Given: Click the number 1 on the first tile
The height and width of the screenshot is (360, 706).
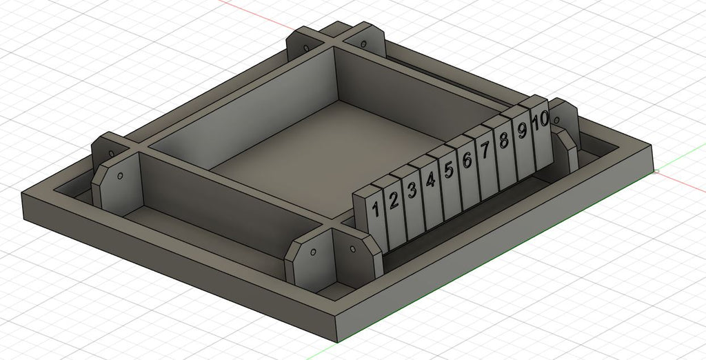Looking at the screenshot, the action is tap(375, 209).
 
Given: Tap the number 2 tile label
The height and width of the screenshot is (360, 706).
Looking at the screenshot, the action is tap(394, 200).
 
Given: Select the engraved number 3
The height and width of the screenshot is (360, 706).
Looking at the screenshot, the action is tap(412, 190).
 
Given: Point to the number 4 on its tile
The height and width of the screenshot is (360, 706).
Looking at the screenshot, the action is tap(430, 180).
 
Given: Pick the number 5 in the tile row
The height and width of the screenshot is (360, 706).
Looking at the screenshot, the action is tap(448, 170).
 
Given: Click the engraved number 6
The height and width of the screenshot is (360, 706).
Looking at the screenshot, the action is tap(467, 160).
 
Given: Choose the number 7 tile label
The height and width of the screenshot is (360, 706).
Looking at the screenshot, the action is tap(485, 150).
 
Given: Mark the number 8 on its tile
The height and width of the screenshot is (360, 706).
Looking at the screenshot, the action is tap(504, 140).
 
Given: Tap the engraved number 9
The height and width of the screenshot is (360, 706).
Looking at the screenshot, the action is tap(523, 130).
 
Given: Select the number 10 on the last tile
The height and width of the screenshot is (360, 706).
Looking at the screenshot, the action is tap(540, 120).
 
